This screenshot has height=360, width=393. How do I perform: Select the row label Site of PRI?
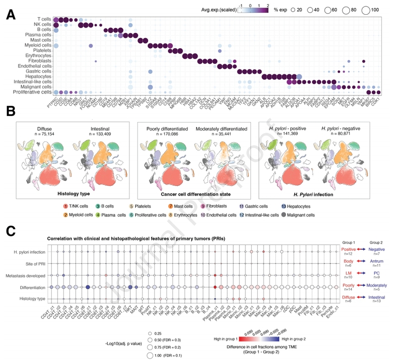tap(38, 264)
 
